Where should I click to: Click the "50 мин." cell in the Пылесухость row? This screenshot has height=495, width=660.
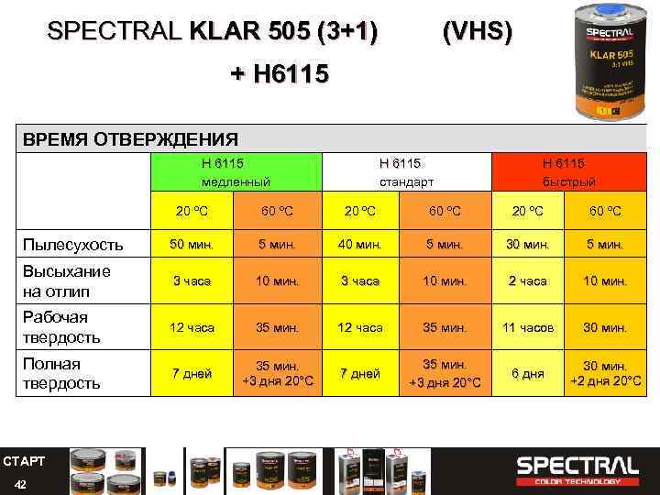[192, 245]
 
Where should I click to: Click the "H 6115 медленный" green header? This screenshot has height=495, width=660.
[235, 171]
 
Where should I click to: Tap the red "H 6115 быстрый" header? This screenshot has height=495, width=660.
[568, 171]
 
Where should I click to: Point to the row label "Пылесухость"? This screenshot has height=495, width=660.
[72, 245]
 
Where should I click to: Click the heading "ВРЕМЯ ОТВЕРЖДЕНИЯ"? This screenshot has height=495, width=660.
[130, 139]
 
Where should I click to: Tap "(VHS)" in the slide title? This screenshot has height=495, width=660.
[478, 33]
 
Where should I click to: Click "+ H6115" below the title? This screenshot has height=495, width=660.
[278, 73]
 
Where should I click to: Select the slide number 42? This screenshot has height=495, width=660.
[21, 482]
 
